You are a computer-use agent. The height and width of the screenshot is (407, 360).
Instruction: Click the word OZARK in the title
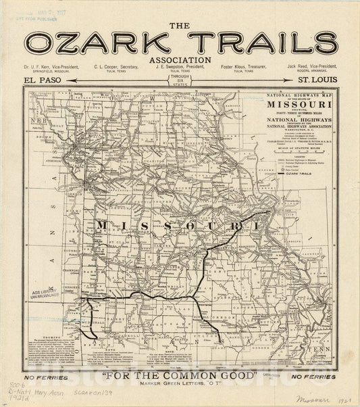point(100,43)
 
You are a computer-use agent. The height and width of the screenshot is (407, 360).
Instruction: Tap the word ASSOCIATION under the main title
point(180,59)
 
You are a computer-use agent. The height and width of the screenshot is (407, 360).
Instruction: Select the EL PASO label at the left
point(43,80)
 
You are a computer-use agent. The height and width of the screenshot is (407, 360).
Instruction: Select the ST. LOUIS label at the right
point(317,80)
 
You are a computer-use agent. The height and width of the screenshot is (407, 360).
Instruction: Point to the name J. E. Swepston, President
point(180,68)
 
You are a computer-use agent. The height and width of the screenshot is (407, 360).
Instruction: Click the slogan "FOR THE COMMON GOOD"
point(180,375)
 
